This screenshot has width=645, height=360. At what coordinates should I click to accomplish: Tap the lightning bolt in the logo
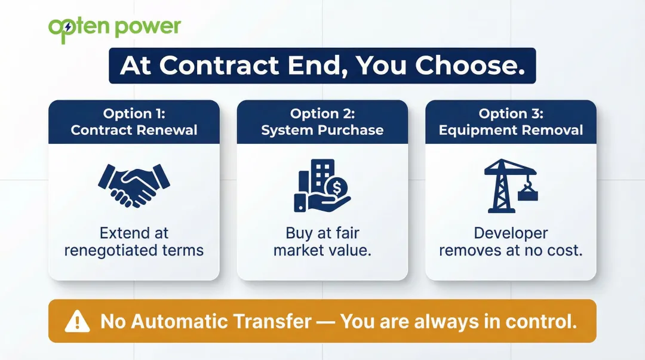coord(68,27)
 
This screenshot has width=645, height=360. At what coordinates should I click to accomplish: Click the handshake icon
coord(134,185)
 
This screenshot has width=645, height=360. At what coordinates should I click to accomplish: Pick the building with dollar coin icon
coord(322,186)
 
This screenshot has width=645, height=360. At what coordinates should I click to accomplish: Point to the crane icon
coord(511,186)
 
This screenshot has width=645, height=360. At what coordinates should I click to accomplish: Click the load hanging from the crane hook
coord(528,193)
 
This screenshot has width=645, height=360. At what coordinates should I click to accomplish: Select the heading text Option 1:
coord(134,113)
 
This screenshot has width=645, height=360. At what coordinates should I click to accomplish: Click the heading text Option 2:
coord(322,113)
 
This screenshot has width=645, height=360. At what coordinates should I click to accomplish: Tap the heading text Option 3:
coord(511,113)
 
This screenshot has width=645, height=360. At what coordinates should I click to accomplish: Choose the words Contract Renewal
coord(134,130)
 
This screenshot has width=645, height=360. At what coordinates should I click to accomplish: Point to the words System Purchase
coord(322,130)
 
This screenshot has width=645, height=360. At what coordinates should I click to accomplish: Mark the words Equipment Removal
coord(511,130)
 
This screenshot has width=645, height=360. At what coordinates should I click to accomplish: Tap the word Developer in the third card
coord(511,233)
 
